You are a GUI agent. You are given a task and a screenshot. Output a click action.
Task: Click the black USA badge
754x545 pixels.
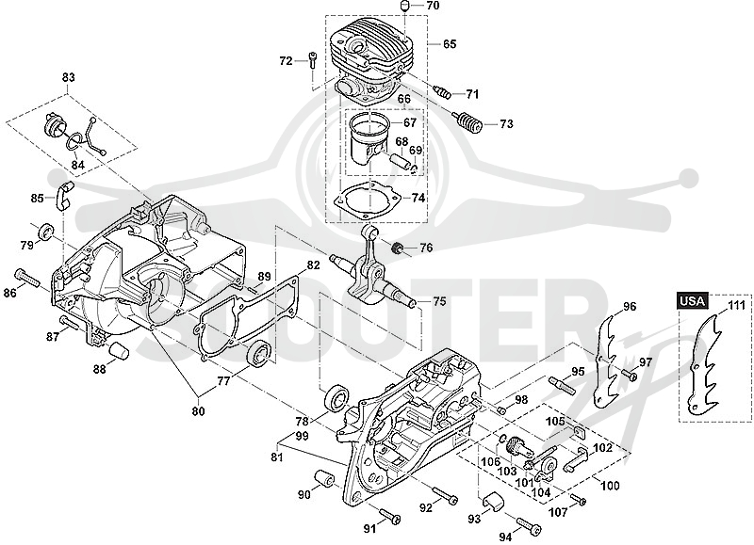(x=693, y=301)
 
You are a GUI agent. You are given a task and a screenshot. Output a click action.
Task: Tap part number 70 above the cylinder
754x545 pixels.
(x=433, y=7)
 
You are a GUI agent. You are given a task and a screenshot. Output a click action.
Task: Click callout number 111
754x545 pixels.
(x=736, y=305)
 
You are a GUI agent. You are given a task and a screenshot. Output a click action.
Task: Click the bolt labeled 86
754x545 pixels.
(x=28, y=277)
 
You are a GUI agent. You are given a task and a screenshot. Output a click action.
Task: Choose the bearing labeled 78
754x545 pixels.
(x=336, y=397)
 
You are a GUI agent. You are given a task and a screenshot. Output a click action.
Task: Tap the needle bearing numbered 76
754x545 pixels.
(x=398, y=249)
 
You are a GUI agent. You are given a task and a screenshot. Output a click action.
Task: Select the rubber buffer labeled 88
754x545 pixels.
(x=119, y=350)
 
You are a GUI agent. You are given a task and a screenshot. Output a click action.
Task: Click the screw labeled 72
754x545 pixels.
(x=313, y=60)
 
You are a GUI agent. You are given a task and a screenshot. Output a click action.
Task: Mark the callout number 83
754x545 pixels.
(x=68, y=77)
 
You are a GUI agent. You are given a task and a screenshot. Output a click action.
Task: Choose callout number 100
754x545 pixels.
(x=610, y=486)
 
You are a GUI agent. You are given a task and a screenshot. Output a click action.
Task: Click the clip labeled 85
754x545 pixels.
(x=63, y=196)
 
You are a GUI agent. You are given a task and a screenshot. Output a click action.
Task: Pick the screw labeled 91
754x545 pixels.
(x=390, y=515)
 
